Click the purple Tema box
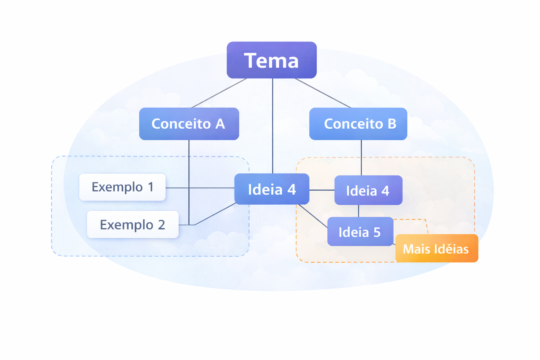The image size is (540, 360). pyautogui.click(x=272, y=60)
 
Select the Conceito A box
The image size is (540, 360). pyautogui.click(x=189, y=124)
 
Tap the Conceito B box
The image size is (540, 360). pyautogui.click(x=358, y=124)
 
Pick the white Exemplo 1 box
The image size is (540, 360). pyautogui.click(x=122, y=187)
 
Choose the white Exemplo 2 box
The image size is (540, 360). pyautogui.click(x=132, y=225)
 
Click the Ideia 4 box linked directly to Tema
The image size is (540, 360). pyautogui.click(x=272, y=189)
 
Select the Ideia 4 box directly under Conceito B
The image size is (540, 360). pyautogui.click(x=368, y=190)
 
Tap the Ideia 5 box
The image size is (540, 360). pyautogui.click(x=360, y=232)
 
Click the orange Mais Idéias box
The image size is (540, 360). pyautogui.click(x=436, y=249)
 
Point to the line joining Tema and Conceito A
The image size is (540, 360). pyautogui.click(x=219, y=93)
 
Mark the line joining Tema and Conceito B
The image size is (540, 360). pyautogui.click(x=323, y=93)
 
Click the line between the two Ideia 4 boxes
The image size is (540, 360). pyautogui.click(x=322, y=190)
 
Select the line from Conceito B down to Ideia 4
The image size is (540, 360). pyautogui.click(x=361, y=157)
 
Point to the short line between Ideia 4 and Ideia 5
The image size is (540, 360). pyautogui.click(x=358, y=211)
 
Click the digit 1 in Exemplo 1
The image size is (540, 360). pyautogui.click(x=150, y=187)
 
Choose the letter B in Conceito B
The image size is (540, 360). pyautogui.click(x=391, y=124)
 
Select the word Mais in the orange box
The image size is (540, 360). pyautogui.click(x=413, y=249)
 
